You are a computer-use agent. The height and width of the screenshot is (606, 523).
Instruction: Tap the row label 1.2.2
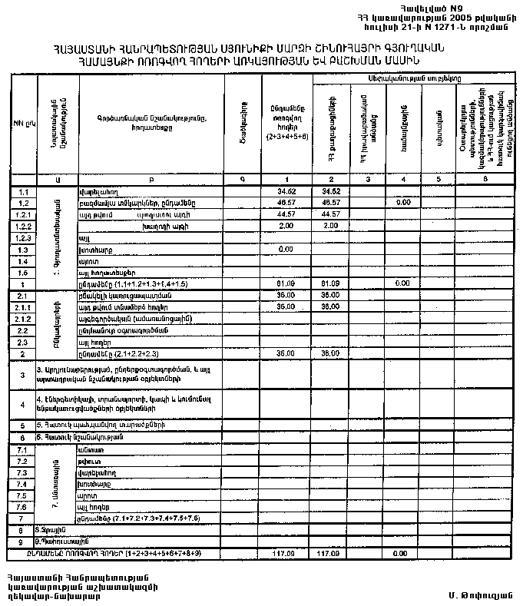22,227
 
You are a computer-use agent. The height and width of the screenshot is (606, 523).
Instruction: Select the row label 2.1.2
22,319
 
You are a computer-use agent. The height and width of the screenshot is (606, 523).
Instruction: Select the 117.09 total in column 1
286,553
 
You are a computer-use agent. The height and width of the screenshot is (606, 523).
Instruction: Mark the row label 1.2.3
22,238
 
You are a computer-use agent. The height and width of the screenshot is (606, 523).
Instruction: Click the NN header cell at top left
18,121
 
